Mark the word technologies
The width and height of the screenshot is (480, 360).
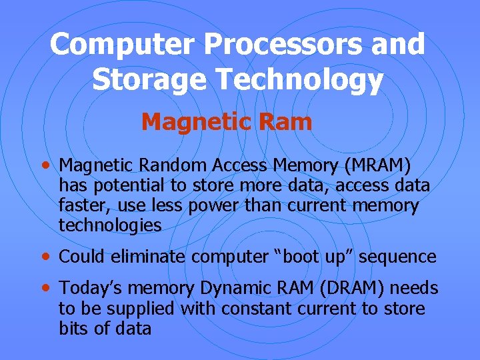(x=110, y=226)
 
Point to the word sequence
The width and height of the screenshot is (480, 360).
(x=397, y=257)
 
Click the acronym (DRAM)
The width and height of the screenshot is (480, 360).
(x=347, y=289)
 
